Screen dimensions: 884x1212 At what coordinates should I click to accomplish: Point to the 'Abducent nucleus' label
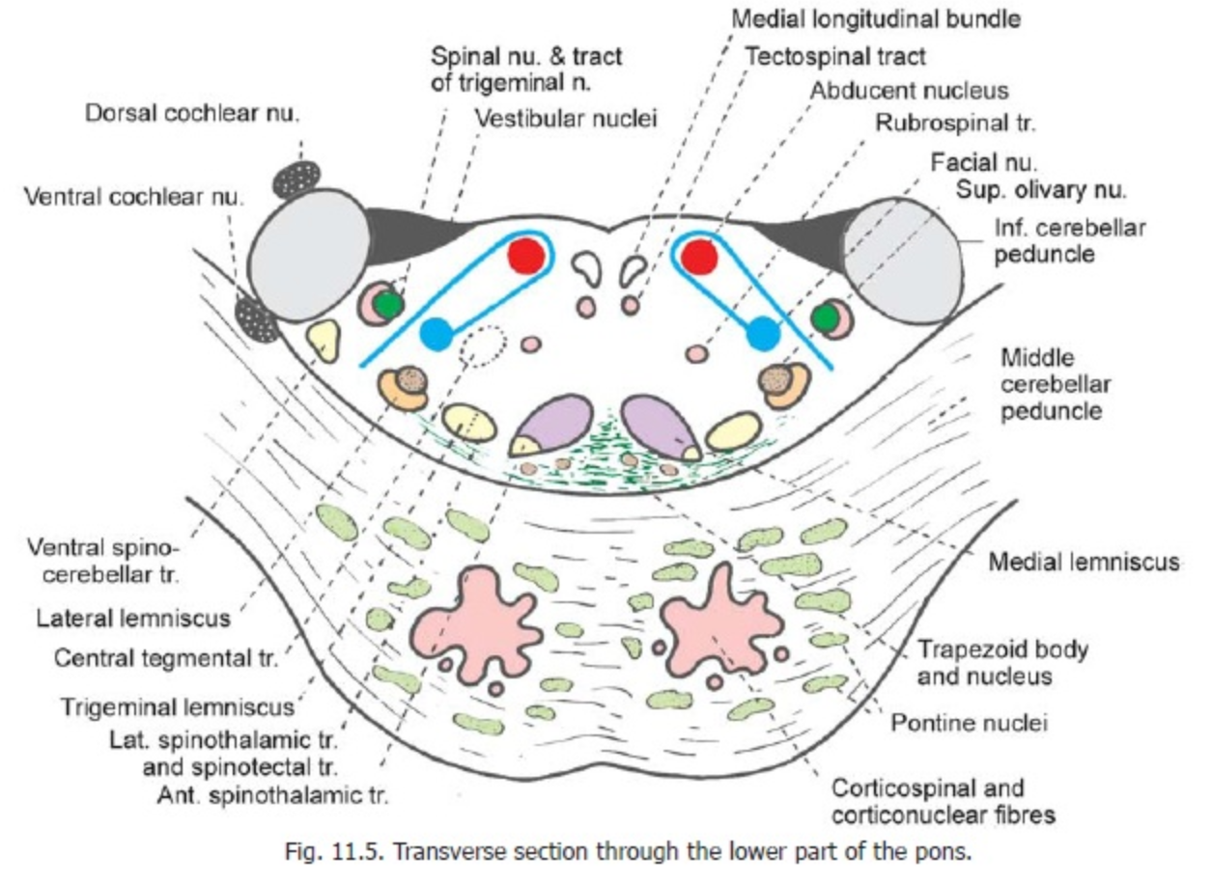click(x=910, y=91)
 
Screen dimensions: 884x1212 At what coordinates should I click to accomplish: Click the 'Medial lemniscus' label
click(x=1084, y=561)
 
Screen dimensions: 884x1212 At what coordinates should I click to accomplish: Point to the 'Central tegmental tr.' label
click(x=164, y=660)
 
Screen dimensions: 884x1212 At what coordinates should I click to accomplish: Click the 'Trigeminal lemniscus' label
click(x=178, y=707)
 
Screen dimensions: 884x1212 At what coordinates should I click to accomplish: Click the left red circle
click(x=525, y=256)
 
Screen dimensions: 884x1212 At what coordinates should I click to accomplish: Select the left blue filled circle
click(x=436, y=334)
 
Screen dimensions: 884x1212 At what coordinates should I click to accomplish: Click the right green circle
click(x=824, y=317)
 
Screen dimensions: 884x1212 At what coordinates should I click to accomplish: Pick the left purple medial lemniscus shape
click(x=553, y=424)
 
